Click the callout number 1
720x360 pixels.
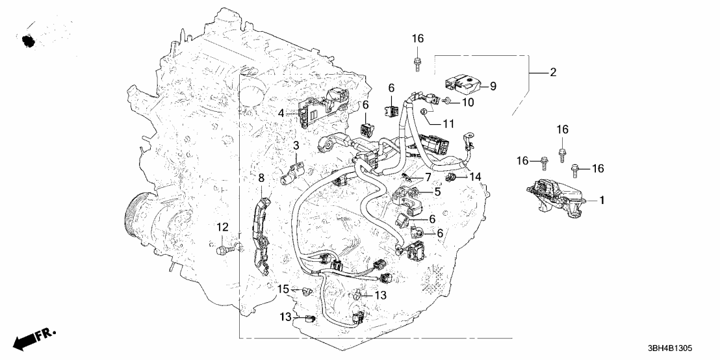602,201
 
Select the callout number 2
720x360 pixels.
553,73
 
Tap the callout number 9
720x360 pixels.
492,85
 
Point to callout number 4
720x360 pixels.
281,113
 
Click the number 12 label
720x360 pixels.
223,227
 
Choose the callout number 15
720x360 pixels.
284,289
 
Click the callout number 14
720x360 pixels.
476,177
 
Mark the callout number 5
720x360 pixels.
437,192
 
